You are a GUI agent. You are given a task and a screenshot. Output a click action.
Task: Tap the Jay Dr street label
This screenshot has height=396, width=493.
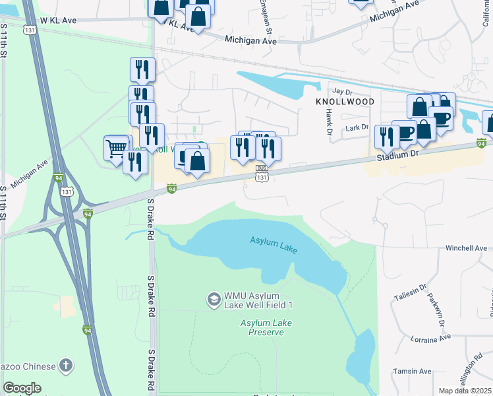(x=339, y=91)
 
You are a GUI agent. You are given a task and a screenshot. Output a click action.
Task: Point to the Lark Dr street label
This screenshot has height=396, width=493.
(x=356, y=127)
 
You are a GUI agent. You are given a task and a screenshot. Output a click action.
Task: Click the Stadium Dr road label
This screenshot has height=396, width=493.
(x=398, y=153)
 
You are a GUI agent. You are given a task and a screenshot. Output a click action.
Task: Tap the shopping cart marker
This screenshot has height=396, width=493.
(x=116, y=147)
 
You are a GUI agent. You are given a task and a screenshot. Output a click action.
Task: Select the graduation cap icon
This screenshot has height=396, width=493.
(x=214, y=300)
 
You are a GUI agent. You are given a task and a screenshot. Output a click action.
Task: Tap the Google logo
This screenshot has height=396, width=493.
(x=22, y=388)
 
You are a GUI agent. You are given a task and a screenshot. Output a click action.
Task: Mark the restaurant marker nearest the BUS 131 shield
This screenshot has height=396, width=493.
(x=268, y=149)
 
